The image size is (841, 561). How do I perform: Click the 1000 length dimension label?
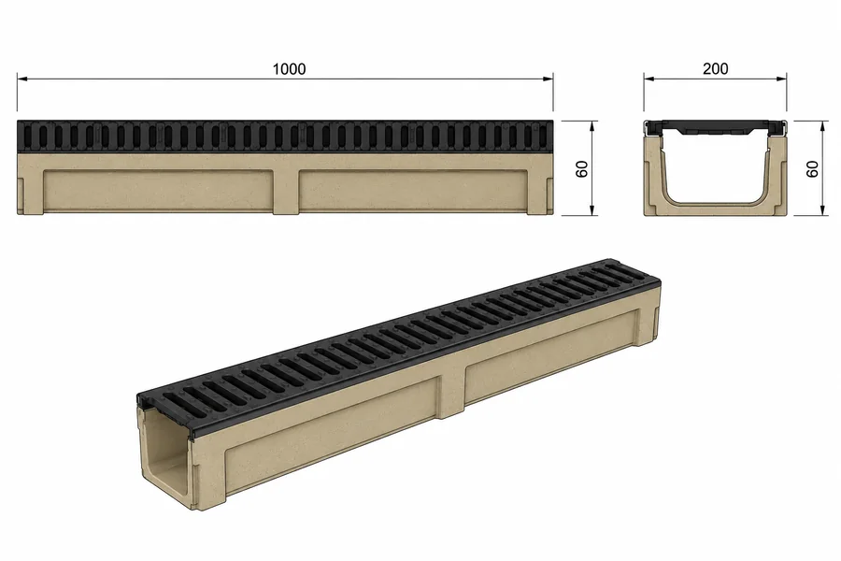pyautogui.click(x=289, y=68)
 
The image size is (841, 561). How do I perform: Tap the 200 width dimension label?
pyautogui.click(x=716, y=68)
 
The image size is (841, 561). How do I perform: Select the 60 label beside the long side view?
pyautogui.click(x=582, y=168)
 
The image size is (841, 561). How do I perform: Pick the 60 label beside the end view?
pyautogui.click(x=812, y=168)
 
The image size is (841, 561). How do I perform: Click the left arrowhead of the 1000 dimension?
pyautogui.click(x=21, y=79)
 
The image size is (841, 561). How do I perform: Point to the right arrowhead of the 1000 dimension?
pyautogui.click(x=549, y=79)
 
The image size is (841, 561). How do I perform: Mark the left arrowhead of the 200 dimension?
pyautogui.click(x=649, y=79)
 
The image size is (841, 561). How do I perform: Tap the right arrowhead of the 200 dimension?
pyautogui.click(x=782, y=79)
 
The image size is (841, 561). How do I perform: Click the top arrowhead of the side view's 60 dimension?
pyautogui.click(x=592, y=125)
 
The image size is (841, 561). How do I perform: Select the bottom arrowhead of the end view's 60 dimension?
pyautogui.click(x=822, y=211)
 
